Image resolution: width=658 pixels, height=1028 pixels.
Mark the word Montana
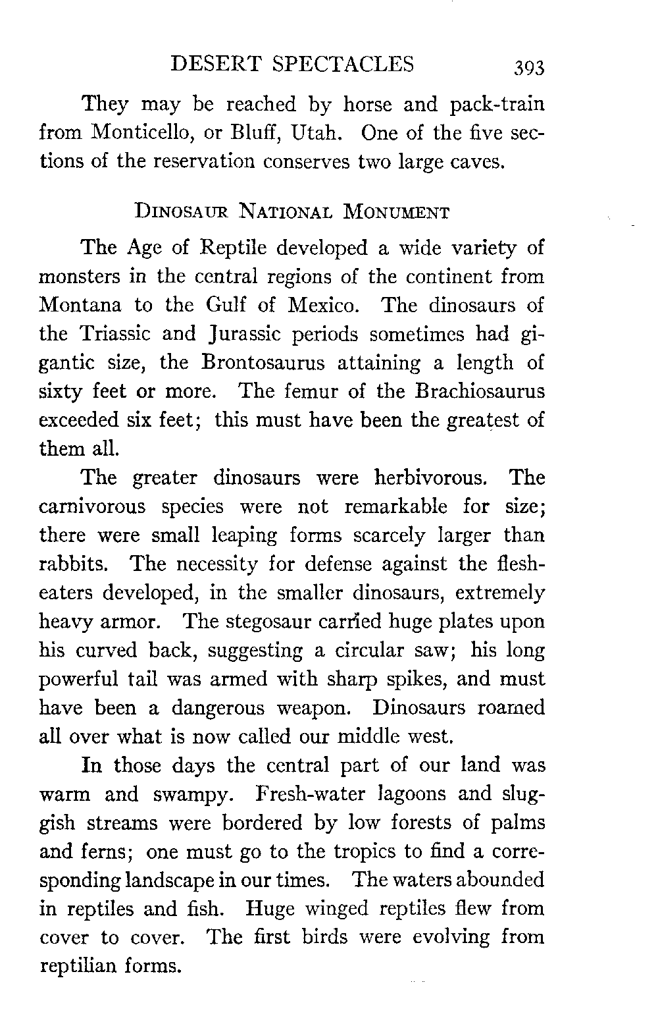tap(82, 306)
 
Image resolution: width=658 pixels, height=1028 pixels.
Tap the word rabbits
tap(78, 564)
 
